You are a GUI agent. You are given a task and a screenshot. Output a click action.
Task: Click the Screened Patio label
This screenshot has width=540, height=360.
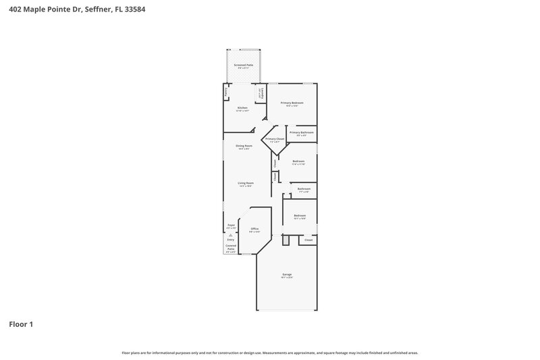point(244,66)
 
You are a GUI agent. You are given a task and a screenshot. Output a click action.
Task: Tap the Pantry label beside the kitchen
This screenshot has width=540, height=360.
point(226,91)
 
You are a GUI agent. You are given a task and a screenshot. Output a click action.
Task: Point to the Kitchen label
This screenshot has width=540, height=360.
point(242,108)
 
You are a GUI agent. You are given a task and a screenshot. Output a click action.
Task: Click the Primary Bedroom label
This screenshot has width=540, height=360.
point(292,103)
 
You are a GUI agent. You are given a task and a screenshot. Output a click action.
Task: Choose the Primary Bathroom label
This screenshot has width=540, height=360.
point(302,132)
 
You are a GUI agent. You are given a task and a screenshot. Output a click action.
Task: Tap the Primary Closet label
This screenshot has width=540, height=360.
point(275,139)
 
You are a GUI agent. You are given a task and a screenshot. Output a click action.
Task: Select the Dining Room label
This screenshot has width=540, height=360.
point(244,146)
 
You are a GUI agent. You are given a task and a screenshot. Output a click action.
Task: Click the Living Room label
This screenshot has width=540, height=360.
point(245,183)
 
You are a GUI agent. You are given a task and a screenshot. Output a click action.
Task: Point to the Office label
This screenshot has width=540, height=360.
point(254,229)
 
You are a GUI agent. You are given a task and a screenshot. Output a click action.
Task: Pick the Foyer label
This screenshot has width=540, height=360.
point(231,224)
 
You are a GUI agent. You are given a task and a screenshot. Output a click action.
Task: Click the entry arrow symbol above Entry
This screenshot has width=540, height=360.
point(231,234)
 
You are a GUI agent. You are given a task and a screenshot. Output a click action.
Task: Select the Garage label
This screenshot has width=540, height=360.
point(287,275)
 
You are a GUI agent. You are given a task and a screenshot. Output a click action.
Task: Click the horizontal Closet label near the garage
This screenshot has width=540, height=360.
point(308,240)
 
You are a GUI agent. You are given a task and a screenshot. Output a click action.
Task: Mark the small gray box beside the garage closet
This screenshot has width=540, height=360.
point(285,240)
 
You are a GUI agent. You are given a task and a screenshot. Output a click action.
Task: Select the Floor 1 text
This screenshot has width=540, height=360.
point(21,324)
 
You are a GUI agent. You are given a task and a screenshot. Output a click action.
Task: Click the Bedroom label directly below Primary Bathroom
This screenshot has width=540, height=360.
point(298,161)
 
